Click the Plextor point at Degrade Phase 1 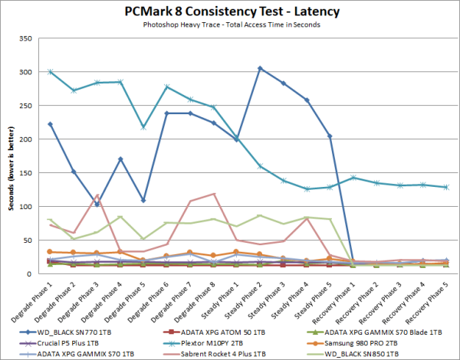point(51,72)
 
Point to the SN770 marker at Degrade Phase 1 point(51,124)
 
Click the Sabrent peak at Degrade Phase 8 point(213,194)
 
